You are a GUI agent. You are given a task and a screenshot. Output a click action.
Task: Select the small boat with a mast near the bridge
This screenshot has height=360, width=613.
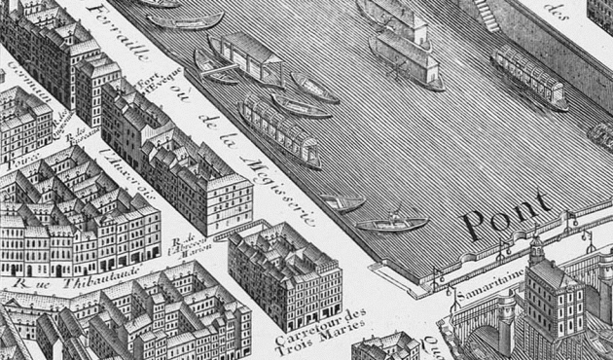click(x=390, y=223)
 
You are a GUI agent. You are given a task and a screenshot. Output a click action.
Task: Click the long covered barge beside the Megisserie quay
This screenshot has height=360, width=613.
click(x=278, y=130)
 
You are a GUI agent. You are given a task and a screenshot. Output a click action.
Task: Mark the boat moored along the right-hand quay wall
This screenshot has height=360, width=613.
click(x=528, y=77)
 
